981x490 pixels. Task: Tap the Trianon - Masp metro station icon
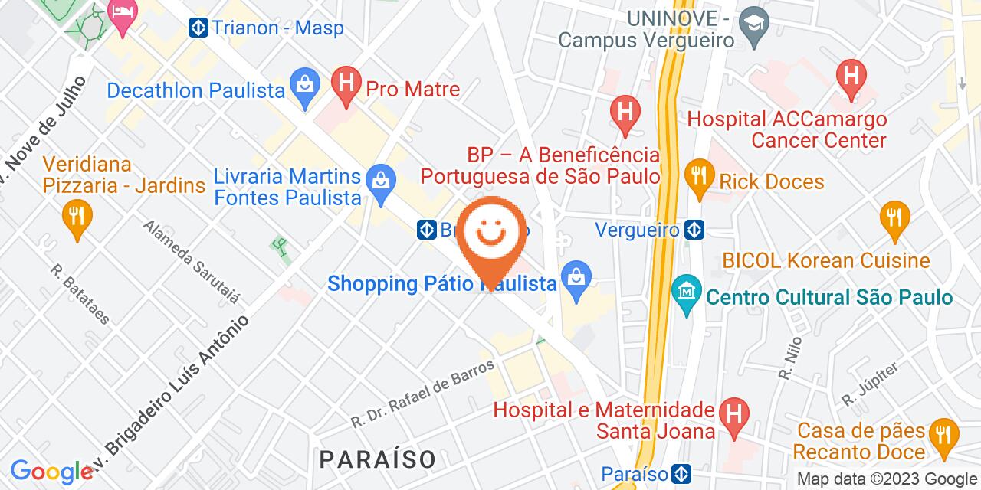pyautogui.click(x=199, y=28)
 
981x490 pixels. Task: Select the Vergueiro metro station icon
pyautogui.click(x=694, y=229)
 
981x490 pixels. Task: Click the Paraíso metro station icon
pyautogui.click(x=681, y=473)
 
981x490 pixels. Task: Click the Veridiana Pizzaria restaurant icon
pyautogui.click(x=76, y=219)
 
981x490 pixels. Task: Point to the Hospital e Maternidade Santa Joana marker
pyautogui.click(x=734, y=418)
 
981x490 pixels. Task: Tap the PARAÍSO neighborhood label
pyautogui.click(x=378, y=459)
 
